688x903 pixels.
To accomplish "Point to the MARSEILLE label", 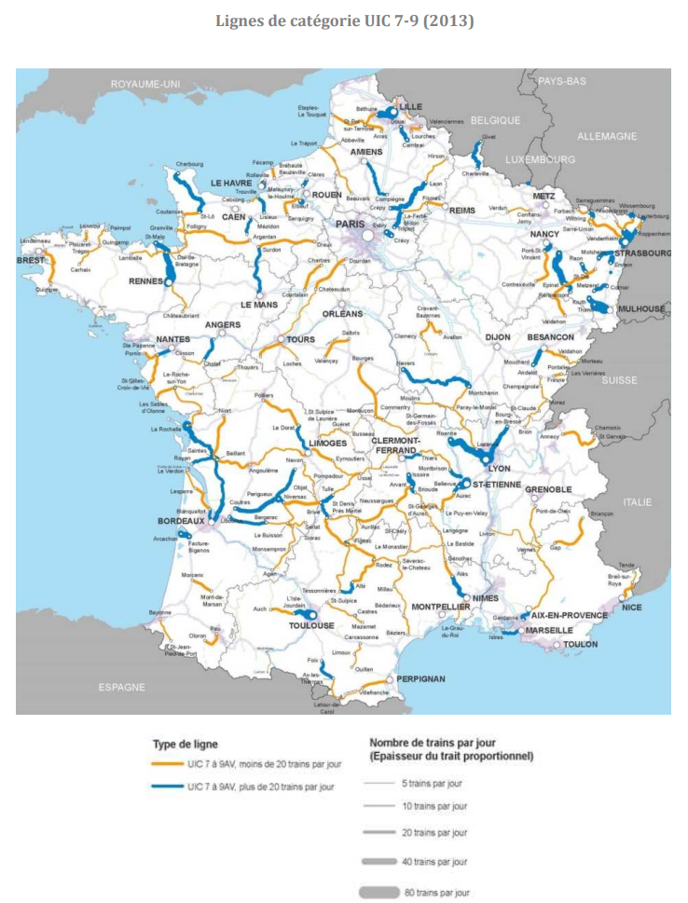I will tap(549, 630).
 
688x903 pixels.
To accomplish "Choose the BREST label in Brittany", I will tap(30, 261).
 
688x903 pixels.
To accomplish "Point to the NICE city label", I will tap(631, 608).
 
